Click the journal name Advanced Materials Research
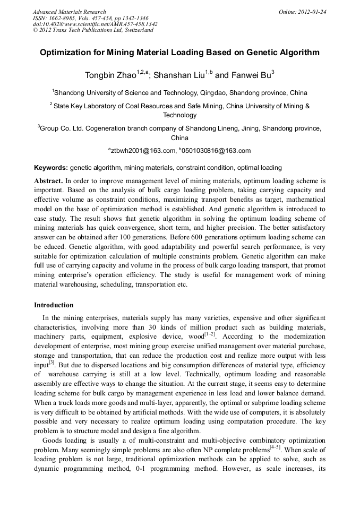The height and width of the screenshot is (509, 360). click(x=69, y=12)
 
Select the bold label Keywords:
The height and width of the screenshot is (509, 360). click(x=51, y=167)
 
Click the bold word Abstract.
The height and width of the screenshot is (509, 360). click(x=49, y=181)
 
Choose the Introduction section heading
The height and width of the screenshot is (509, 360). click(x=54, y=305)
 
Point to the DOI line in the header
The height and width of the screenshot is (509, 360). click(x=95, y=24)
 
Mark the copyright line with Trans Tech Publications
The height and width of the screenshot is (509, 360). click(x=93, y=30)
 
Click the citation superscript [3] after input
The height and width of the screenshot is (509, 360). click(x=52, y=363)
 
